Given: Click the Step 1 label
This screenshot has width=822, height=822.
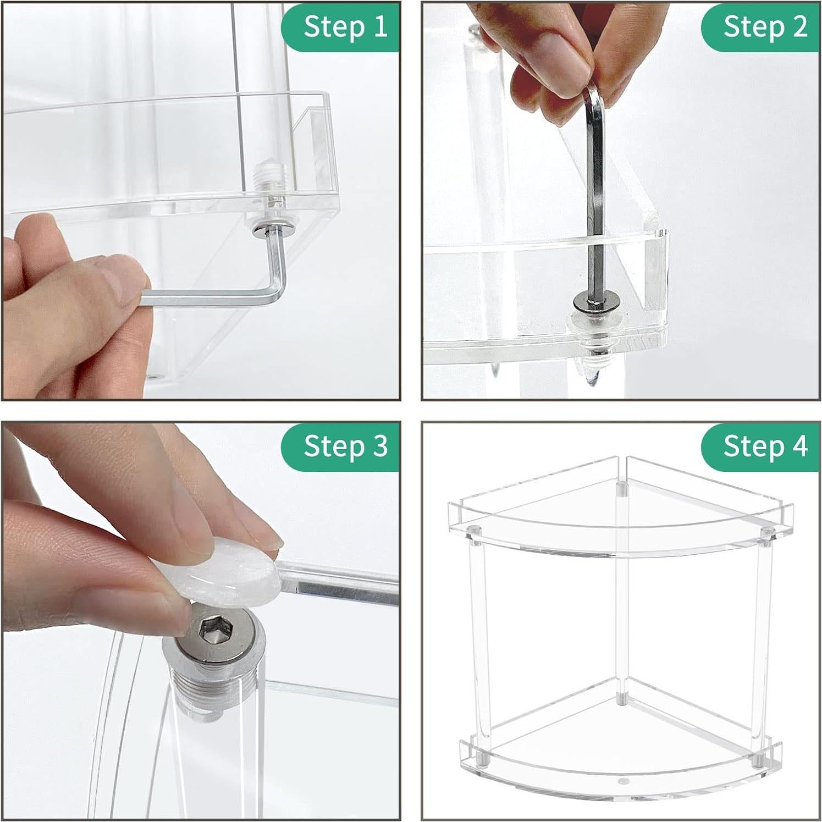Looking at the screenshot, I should click(x=345, y=26).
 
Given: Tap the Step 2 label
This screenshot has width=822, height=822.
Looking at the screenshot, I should click(x=765, y=26).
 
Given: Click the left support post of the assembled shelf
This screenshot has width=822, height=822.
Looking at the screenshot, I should click(x=478, y=643).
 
